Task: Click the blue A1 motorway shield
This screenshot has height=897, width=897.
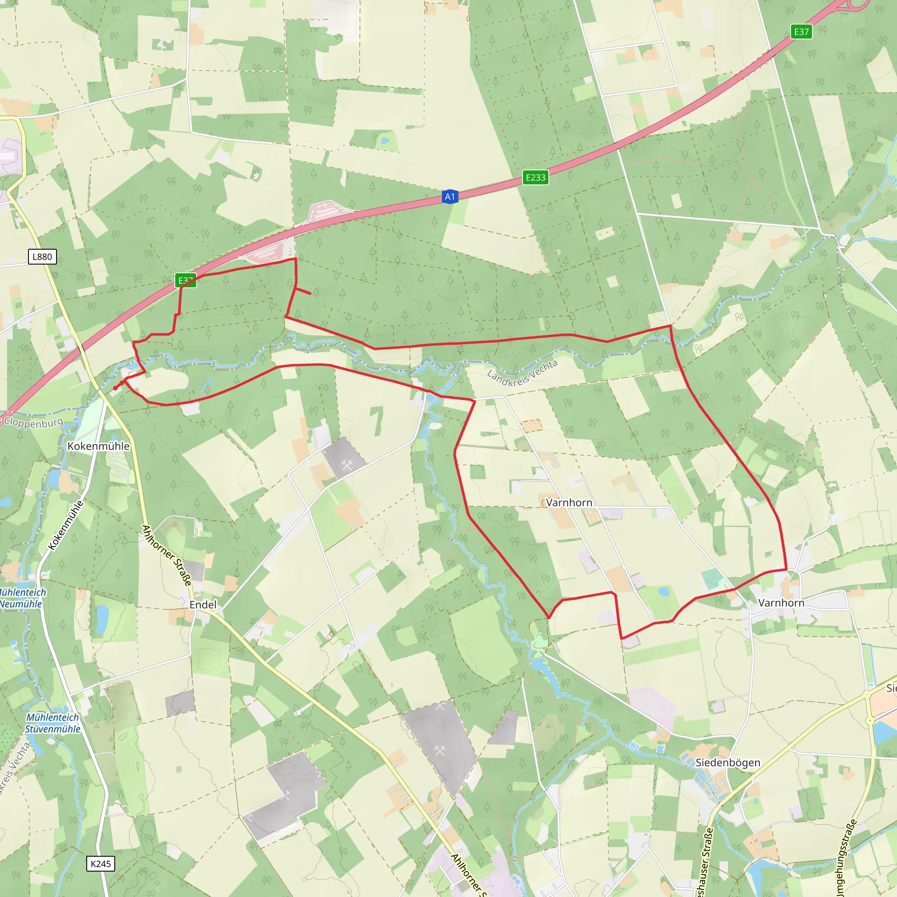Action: click(x=449, y=197)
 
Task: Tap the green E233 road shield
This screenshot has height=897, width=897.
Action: click(x=535, y=177)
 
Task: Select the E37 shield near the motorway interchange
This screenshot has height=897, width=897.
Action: click(x=802, y=32)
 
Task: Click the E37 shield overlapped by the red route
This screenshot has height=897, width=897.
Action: click(x=186, y=280)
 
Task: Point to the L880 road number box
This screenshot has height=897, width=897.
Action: click(x=42, y=257)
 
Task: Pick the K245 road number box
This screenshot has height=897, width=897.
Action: click(x=101, y=864)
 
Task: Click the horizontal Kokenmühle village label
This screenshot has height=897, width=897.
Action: click(x=99, y=446)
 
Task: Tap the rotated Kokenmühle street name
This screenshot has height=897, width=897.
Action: click(x=67, y=525)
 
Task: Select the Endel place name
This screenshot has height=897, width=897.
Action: click(x=203, y=604)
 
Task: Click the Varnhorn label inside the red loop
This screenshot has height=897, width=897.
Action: click(x=569, y=502)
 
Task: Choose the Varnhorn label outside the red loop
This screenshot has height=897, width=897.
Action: click(x=781, y=603)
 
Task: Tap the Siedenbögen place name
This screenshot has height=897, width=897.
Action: click(x=727, y=763)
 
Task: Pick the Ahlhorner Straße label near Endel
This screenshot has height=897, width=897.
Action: click(x=166, y=555)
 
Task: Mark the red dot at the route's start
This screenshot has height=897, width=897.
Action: click(x=115, y=388)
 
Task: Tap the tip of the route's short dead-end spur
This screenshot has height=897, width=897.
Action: click(x=310, y=293)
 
